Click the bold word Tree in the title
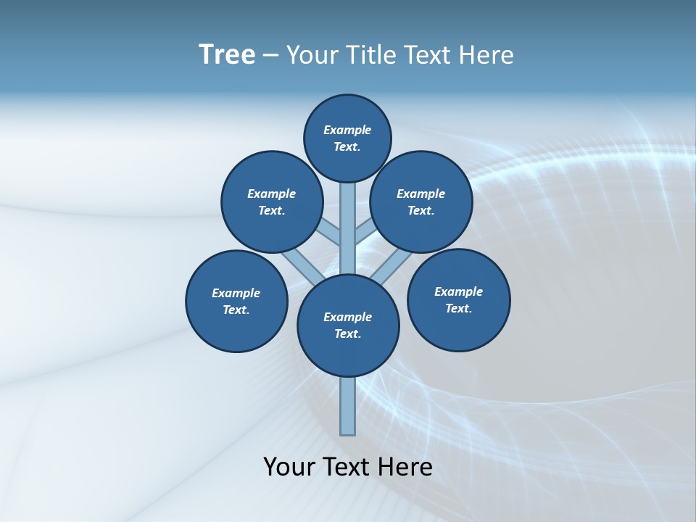tap(227, 54)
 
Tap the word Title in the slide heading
tap(369, 54)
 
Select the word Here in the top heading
tap(488, 54)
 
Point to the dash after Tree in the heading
tap(270, 55)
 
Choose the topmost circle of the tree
tap(347, 138)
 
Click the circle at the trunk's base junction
tap(348, 326)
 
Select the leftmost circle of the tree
tap(236, 301)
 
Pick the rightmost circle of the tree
tap(458, 299)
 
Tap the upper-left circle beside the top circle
tap(272, 202)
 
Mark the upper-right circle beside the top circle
tap(421, 202)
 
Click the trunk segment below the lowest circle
tap(348, 406)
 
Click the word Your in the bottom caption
tap(289, 467)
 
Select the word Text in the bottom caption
tap(344, 467)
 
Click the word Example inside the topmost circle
tap(347, 130)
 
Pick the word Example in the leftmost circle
tap(236, 293)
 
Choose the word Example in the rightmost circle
tap(458, 291)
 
